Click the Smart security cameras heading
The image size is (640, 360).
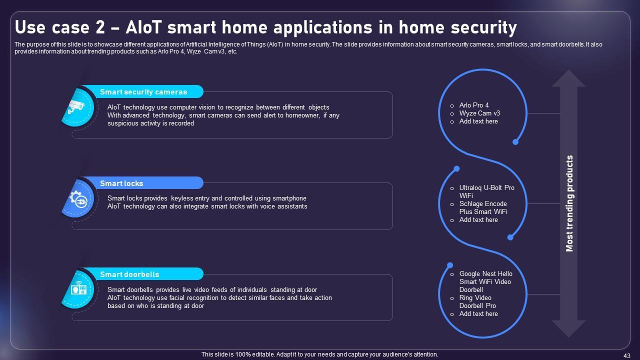(x=143, y=92)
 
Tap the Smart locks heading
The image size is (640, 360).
(x=121, y=183)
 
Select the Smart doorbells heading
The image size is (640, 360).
(x=129, y=274)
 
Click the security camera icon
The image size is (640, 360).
(x=76, y=107)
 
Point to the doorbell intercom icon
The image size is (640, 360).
(x=78, y=288)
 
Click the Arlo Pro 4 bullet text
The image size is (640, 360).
(x=474, y=105)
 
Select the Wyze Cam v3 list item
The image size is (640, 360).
(x=479, y=113)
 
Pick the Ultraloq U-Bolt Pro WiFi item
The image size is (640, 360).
(x=486, y=191)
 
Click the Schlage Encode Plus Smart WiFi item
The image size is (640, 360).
(x=483, y=207)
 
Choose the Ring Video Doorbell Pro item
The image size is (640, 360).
(x=477, y=301)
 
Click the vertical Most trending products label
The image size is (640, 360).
(x=569, y=203)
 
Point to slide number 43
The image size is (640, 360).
(x=627, y=355)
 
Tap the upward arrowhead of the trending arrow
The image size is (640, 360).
(x=568, y=78)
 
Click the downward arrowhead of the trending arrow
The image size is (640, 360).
(x=568, y=328)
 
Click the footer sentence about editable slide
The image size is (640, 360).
(x=319, y=354)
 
